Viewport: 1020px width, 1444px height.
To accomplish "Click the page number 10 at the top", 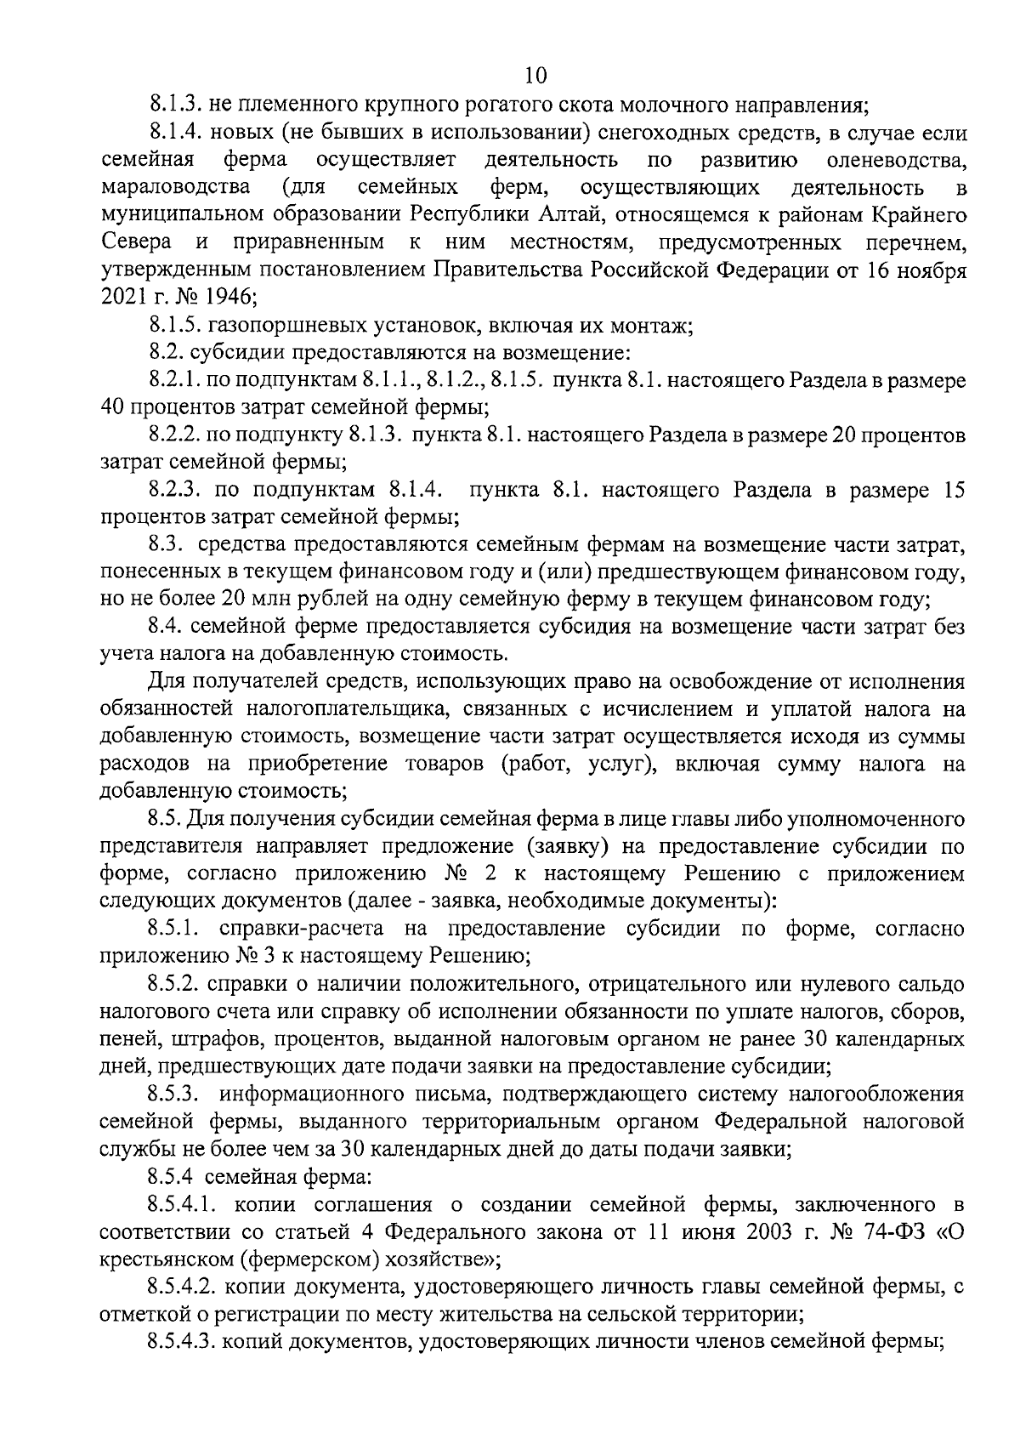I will point(536,76).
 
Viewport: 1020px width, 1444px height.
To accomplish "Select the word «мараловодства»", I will point(174,187).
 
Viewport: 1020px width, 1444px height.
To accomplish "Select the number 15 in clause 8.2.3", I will point(953,491).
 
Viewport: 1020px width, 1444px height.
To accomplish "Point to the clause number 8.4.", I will point(166,627).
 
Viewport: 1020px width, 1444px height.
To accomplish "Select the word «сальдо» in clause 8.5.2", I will point(933,984).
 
